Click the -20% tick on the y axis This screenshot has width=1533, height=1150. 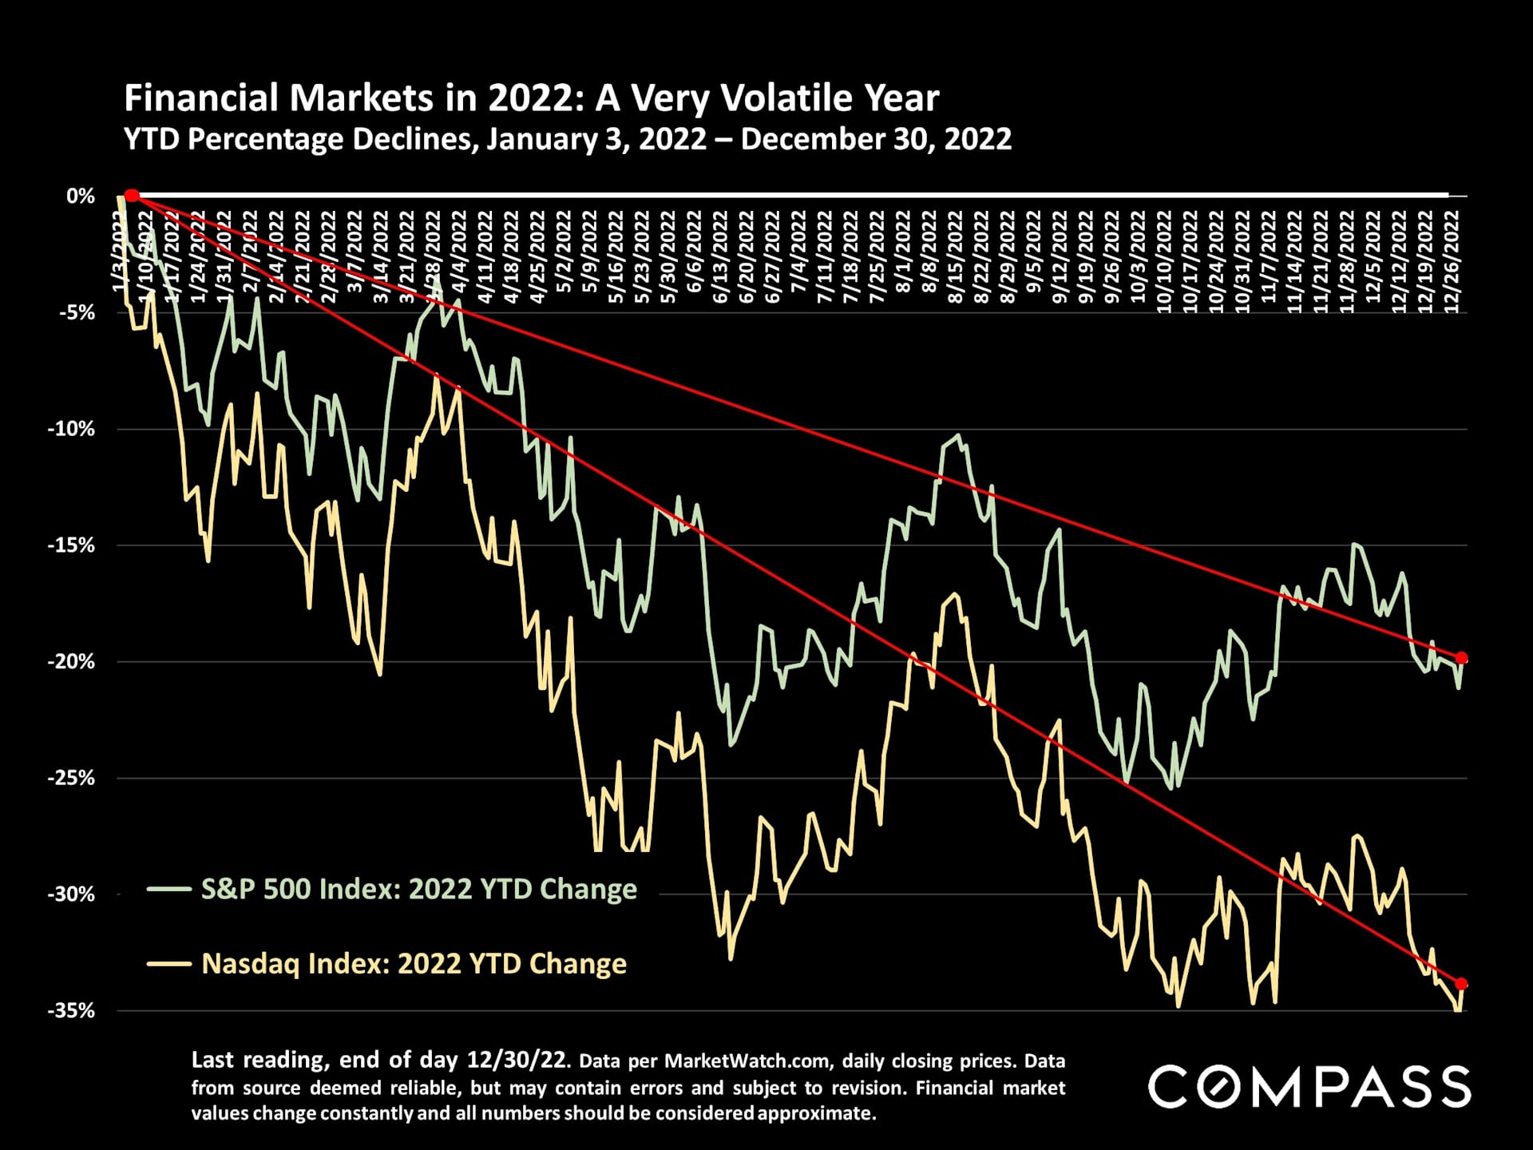tap(71, 661)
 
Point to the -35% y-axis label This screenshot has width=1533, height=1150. tap(71, 1010)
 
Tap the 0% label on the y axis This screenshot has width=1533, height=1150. tap(81, 196)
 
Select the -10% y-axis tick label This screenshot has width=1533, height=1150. tap(71, 429)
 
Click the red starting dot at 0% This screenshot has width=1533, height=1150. tap(133, 196)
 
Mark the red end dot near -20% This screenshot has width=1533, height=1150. tap(1462, 658)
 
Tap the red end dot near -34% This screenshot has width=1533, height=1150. tap(1461, 984)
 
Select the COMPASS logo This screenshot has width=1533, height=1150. tap(1309, 1087)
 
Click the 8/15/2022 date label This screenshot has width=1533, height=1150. tap(956, 257)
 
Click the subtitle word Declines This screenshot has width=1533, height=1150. tap(415, 140)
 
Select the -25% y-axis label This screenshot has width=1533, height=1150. tap(71, 778)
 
